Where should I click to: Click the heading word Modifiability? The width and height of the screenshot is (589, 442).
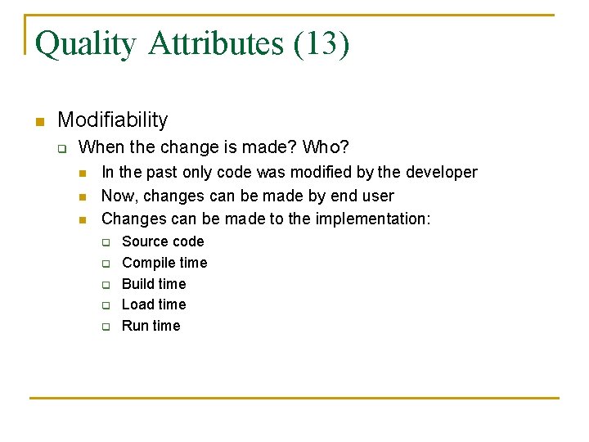pos(113,120)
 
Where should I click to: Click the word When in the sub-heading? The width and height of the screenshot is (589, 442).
pos(99,148)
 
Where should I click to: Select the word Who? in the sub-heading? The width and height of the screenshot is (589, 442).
pos(326,148)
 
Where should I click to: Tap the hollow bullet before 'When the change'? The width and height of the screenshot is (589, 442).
pos(61,149)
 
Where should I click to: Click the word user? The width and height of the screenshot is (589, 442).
pos(377,196)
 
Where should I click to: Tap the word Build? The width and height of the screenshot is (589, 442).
pos(137,284)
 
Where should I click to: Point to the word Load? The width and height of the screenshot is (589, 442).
pos(137,304)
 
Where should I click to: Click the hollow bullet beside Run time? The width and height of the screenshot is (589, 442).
pos(106,327)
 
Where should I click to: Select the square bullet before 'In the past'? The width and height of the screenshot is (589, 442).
pos(82,173)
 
